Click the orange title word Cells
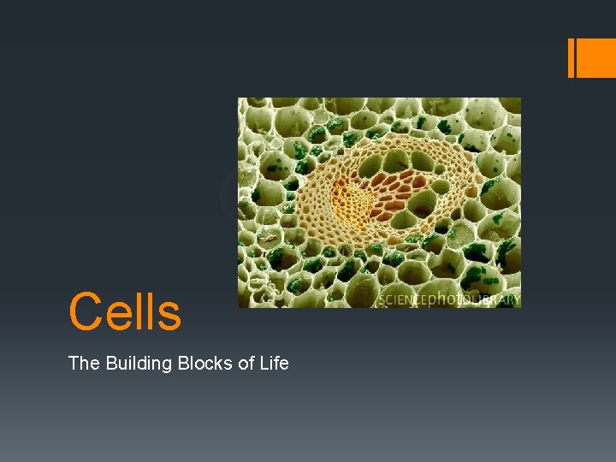pos(125,311)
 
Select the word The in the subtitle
pos(84,364)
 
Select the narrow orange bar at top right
pos(572,58)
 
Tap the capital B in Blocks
pos(183,364)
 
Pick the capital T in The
pos(74,364)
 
